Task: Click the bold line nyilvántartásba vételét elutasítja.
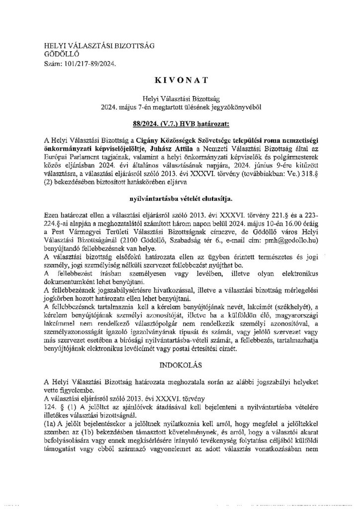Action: click(180, 184)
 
